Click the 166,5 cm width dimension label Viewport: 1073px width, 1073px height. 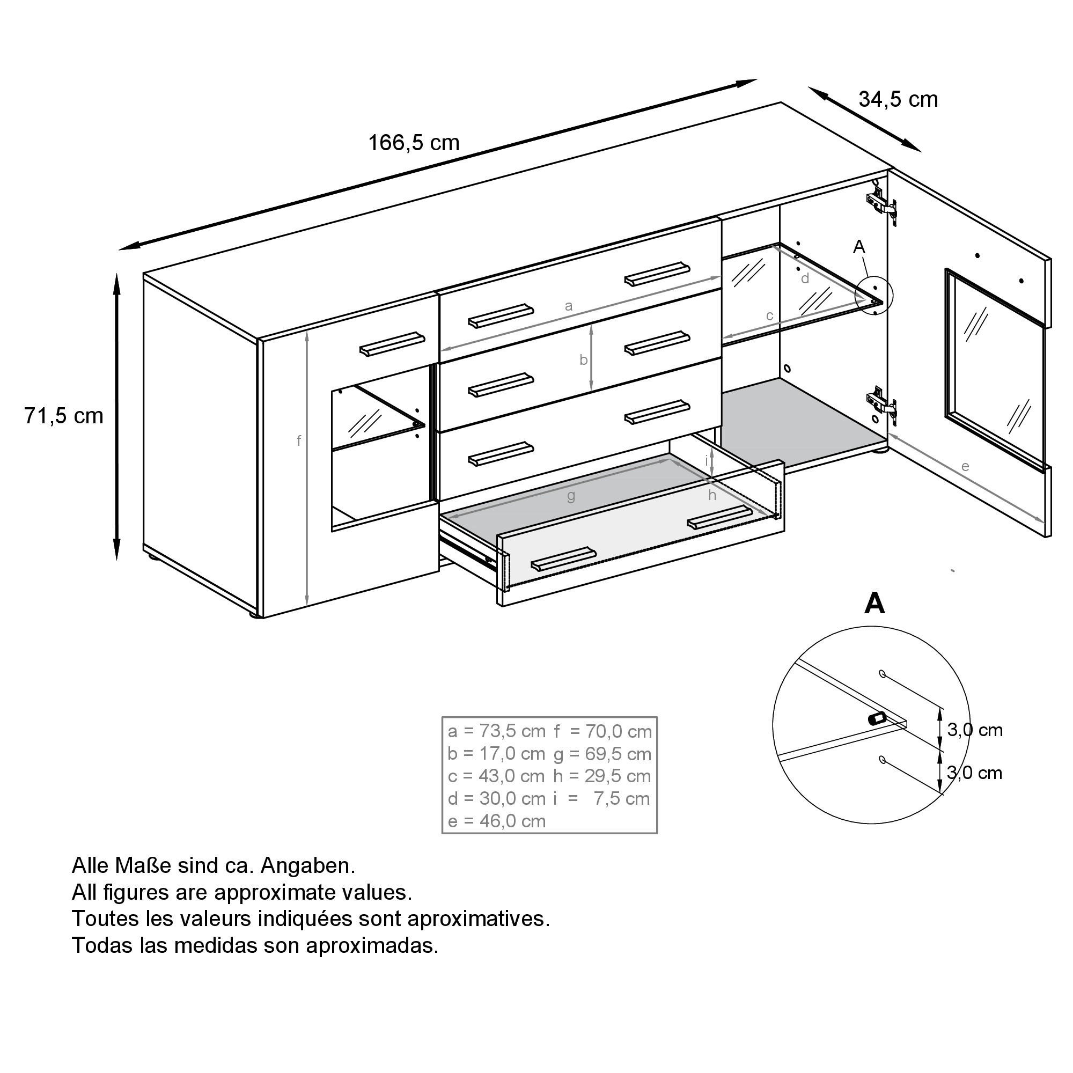coord(414,143)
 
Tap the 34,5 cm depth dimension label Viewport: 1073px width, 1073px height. coord(898,99)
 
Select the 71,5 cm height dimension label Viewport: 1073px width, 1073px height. coord(63,415)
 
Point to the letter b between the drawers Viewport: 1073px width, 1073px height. coord(583,361)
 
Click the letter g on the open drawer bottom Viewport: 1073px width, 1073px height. coord(571,496)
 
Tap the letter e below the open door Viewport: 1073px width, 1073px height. coord(965,467)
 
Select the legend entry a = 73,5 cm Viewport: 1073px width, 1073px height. coord(496,731)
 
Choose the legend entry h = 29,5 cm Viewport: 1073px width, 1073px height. coord(602,776)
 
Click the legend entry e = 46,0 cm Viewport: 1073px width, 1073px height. coord(496,821)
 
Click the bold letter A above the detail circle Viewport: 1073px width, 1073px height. coord(874,604)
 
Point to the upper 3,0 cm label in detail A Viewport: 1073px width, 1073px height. coord(975,730)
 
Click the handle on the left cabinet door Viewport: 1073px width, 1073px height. coord(392,344)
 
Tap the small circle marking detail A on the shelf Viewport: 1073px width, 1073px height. coord(874,295)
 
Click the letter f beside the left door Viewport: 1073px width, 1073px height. coord(299,441)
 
